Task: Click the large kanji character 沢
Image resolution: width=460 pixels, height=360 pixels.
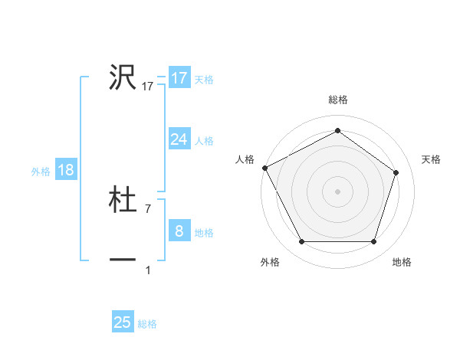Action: click(123, 77)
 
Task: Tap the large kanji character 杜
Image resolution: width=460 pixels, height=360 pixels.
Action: click(123, 200)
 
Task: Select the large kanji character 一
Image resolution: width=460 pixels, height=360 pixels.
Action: click(123, 261)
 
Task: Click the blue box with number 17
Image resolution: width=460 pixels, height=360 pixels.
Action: click(179, 78)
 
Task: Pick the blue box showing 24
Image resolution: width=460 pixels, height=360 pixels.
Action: click(179, 139)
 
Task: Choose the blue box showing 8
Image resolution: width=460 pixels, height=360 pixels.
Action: click(179, 231)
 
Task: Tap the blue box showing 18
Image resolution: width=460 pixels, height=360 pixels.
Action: click(66, 170)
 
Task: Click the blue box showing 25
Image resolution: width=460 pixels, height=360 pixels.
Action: click(123, 322)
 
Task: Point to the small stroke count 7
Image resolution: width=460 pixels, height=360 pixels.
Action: click(147, 208)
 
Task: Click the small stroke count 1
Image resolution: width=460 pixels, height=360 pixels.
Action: click(148, 270)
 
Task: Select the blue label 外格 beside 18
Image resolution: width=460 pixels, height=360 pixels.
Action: click(41, 172)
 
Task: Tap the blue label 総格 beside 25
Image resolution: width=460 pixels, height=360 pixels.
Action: click(147, 324)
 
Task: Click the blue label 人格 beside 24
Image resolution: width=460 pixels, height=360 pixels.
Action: click(204, 141)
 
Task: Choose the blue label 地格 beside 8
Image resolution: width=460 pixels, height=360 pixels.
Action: click(204, 233)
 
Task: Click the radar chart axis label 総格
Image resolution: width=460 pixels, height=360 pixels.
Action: click(338, 100)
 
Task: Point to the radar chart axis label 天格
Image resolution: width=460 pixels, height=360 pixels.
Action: click(432, 159)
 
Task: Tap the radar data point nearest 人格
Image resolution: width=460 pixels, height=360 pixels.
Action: click(264, 167)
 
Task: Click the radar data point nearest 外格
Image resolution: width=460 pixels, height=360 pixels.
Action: click(301, 242)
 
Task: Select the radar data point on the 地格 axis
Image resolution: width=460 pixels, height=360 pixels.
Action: click(374, 242)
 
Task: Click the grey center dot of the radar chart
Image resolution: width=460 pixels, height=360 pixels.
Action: click(338, 191)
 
